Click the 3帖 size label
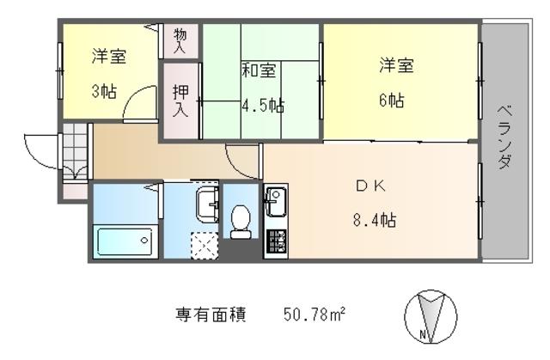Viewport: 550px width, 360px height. [x=104, y=91]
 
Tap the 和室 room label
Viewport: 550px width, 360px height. [x=259, y=70]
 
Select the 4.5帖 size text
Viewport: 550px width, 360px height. [x=263, y=105]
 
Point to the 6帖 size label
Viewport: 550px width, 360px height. [x=392, y=101]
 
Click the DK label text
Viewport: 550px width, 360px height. [x=371, y=186]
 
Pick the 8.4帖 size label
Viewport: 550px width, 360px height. [x=375, y=220]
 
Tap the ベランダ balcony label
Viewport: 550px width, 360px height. [x=505, y=137]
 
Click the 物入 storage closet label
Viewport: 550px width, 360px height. [x=180, y=41]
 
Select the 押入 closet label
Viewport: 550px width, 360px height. [x=180, y=101]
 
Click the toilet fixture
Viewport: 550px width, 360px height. [x=241, y=222]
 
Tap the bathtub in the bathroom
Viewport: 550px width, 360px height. [x=125, y=241]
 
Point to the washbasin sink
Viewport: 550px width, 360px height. [x=207, y=204]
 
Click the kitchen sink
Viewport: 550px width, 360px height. [x=276, y=203]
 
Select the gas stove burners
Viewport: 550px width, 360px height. [x=277, y=241]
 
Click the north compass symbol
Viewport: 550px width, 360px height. [x=431, y=316]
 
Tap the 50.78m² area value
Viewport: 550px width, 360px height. [x=315, y=314]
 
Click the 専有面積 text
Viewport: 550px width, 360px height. [x=211, y=314]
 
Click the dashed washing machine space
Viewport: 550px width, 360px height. [x=205, y=246]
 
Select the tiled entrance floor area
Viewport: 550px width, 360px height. [x=75, y=151]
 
